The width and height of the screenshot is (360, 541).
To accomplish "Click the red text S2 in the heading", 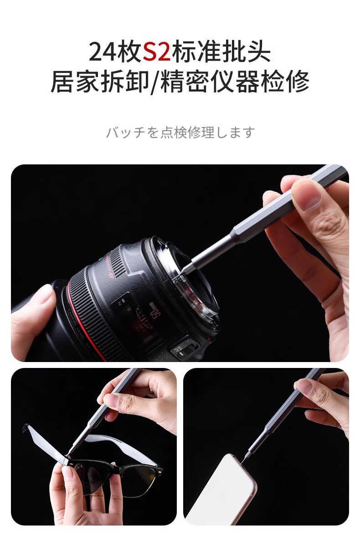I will tap(156, 51).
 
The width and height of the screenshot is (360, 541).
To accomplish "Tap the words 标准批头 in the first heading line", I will tap(221, 51).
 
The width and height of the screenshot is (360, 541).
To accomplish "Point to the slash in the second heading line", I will tap(154, 82).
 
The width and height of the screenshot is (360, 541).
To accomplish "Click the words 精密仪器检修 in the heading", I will tap(235, 82).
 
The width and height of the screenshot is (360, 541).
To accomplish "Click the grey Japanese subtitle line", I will tap(180, 133).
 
